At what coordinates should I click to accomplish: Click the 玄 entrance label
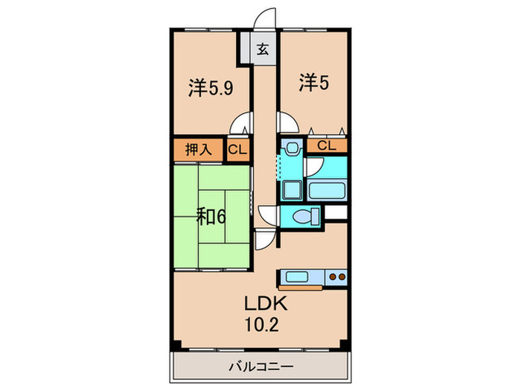coord(263,51)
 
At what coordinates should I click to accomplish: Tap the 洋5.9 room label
coord(211,88)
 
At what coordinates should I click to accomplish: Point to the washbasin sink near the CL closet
coord(292,148)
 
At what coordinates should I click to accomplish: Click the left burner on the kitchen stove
coord(332,277)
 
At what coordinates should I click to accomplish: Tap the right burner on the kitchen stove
coord(342,277)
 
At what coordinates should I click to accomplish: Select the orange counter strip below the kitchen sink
coord(301,287)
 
